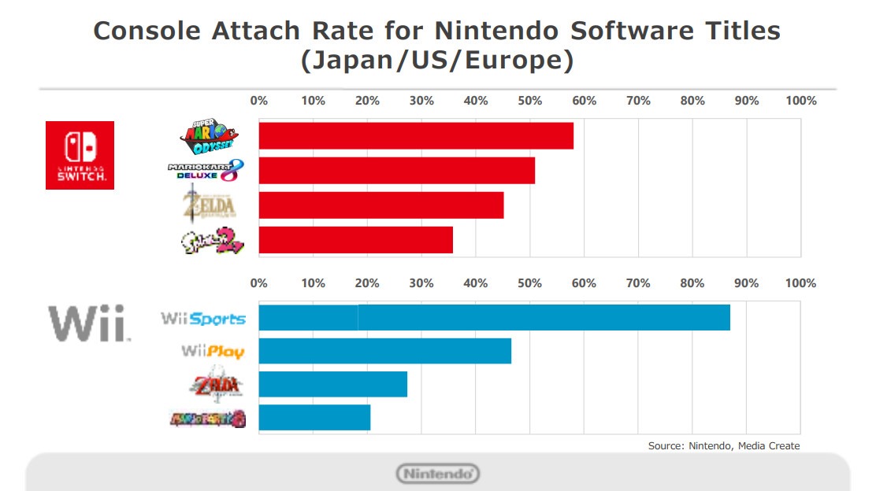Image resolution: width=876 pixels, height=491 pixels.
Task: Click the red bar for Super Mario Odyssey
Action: click(x=415, y=136)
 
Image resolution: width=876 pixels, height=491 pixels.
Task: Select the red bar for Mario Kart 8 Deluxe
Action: click(x=396, y=171)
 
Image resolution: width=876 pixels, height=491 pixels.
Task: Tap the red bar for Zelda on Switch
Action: click(x=380, y=205)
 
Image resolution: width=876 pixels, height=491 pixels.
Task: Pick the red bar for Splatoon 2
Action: click(x=355, y=240)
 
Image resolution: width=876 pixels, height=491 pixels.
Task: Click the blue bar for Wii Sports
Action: click(x=494, y=317)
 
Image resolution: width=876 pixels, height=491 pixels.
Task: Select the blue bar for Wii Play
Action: click(x=384, y=351)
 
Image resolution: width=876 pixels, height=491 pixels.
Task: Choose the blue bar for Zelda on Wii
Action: click(x=332, y=384)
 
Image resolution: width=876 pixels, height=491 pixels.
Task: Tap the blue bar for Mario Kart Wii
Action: click(x=314, y=417)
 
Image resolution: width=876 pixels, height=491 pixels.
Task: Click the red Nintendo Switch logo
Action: click(x=80, y=155)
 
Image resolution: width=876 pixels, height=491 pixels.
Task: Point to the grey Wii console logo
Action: click(x=88, y=323)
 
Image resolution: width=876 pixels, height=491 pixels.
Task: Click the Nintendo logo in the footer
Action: click(x=437, y=474)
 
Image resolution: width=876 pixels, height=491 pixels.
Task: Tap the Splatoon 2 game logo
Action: click(x=211, y=241)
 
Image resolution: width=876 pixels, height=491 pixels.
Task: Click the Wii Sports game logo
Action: click(x=203, y=319)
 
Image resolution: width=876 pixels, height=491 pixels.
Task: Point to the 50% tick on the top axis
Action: click(x=529, y=101)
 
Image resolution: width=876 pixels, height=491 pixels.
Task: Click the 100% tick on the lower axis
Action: click(x=800, y=283)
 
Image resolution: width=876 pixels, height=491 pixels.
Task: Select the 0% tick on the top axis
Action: click(x=258, y=101)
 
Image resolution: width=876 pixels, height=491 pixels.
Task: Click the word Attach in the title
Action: click(x=259, y=31)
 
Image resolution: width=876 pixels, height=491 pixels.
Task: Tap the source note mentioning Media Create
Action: click(x=723, y=446)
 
